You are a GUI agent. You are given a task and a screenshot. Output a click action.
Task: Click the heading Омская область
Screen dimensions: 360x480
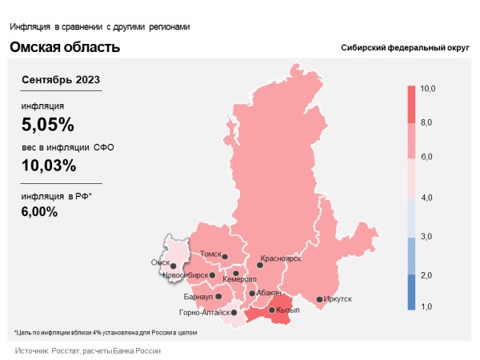coord(65,47)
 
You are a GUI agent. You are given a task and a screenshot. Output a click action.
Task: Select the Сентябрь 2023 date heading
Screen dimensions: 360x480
coord(62,81)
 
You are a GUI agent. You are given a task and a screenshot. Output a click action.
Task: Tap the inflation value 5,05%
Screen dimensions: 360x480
coord(48,124)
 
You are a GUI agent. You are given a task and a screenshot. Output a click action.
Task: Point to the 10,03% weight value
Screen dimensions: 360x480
coord(50,166)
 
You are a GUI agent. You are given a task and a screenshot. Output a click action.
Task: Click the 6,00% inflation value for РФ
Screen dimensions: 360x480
coord(40,211)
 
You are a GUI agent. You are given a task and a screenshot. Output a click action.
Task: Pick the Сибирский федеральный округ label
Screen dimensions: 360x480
coord(405,49)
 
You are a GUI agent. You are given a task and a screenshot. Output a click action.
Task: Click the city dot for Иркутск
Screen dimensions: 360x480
coord(319,300)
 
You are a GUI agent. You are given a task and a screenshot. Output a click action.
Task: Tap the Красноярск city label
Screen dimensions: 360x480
coord(281,259)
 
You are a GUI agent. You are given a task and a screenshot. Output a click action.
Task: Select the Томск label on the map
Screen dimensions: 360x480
coord(210,254)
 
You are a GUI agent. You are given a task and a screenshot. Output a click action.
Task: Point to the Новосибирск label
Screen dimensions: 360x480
coord(185,275)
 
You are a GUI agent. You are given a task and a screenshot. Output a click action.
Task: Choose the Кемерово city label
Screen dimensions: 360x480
coord(240,279)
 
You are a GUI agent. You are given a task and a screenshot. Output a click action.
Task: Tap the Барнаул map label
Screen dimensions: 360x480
coord(198,297)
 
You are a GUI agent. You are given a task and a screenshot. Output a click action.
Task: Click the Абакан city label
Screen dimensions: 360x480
coord(270,293)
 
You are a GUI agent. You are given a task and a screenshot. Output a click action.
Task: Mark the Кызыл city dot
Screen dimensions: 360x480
coord(271,310)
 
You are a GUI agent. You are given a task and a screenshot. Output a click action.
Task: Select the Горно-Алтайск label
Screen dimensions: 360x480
coord(205,313)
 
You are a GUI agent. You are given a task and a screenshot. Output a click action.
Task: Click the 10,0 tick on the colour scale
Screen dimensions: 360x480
coord(427,88)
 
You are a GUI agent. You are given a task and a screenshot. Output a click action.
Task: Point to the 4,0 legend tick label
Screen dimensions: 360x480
coord(426,196)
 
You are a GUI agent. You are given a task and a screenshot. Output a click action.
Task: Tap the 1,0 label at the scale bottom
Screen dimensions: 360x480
coord(426,306)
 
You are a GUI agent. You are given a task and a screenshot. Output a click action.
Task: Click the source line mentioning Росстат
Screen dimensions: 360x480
coord(88,351)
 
